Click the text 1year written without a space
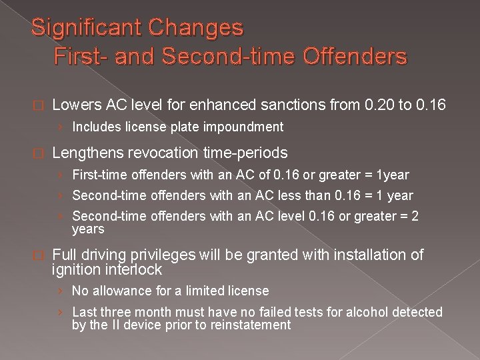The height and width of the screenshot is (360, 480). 393,175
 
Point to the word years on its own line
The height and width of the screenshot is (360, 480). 88,229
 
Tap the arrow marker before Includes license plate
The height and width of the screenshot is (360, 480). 61,127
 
